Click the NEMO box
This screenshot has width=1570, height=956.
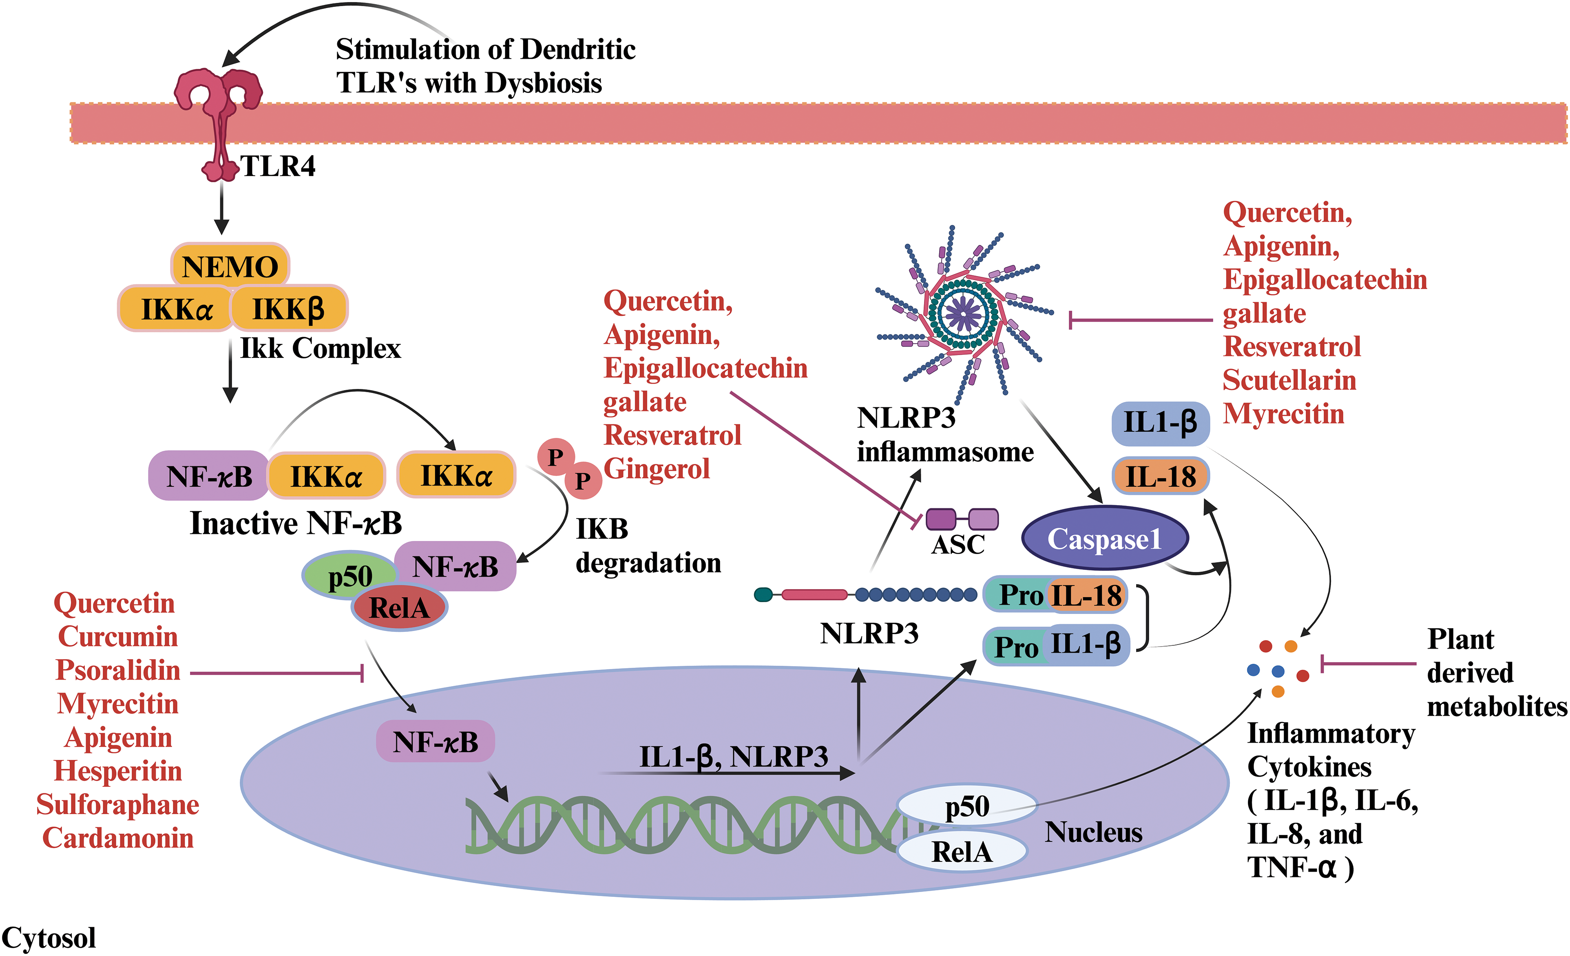pos(230,265)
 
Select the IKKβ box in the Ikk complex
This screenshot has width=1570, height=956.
pos(289,309)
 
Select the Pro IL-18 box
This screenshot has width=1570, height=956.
pos(1056,595)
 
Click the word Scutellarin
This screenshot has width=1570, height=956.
pos(1289,380)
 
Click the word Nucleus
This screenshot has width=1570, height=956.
pos(1093,832)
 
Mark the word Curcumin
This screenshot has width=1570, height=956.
pos(118,637)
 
